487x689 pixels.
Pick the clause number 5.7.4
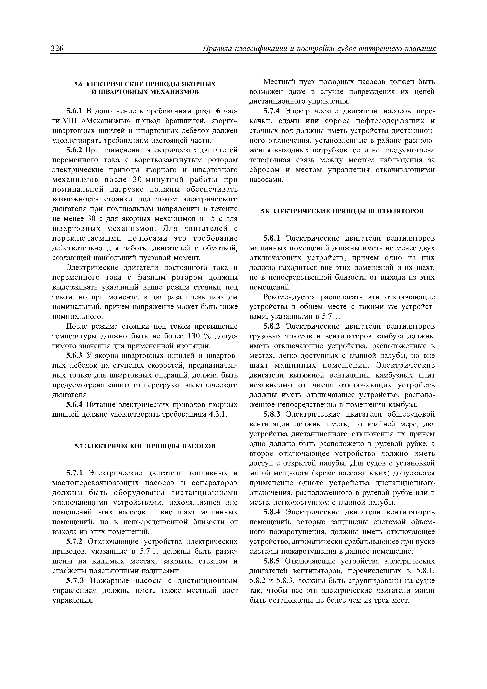point(271,111)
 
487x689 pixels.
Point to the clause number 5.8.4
point(271,512)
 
